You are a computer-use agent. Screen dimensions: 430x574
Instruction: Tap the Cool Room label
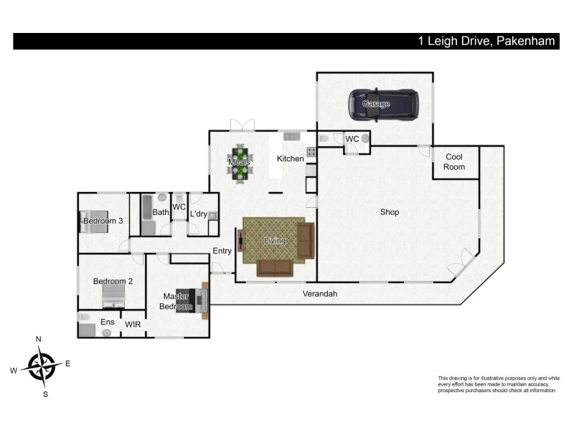(x=454, y=162)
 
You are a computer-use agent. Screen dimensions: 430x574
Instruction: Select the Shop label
(x=390, y=212)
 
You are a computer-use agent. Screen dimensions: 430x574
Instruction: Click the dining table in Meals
(x=240, y=162)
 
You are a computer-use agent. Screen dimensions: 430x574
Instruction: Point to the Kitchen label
(x=291, y=158)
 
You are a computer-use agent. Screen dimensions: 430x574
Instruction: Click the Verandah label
(x=319, y=294)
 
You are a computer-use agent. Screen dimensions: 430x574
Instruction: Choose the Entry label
(x=222, y=250)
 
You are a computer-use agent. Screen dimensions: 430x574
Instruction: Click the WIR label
(x=133, y=325)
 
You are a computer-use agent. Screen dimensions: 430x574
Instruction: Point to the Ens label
(x=107, y=322)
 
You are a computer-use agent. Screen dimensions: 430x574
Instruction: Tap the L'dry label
(x=199, y=214)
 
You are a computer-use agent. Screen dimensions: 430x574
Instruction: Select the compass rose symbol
(x=42, y=366)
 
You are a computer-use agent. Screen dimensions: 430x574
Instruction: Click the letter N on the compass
(x=39, y=339)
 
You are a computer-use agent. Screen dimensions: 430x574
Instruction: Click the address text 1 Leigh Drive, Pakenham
(x=486, y=42)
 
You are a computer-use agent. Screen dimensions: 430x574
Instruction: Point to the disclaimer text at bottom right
(x=497, y=384)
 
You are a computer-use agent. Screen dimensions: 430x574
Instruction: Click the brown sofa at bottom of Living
(x=275, y=268)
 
